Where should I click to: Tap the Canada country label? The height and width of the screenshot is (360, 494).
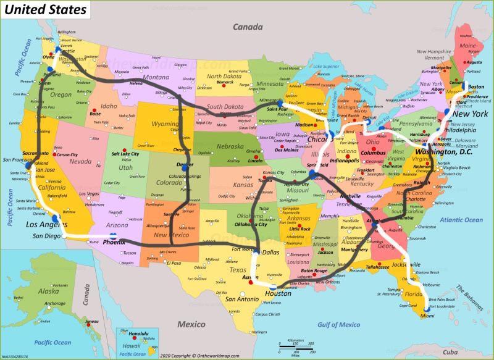point(248,27)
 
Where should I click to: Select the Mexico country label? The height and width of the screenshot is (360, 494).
point(191,324)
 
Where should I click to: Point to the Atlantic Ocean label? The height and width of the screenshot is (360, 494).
point(462,220)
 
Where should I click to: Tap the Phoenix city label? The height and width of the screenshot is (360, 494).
point(114,241)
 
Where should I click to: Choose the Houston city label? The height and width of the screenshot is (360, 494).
point(278,293)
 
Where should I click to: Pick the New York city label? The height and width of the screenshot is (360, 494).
point(470,114)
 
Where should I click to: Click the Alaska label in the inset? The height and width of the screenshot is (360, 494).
point(48,291)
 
